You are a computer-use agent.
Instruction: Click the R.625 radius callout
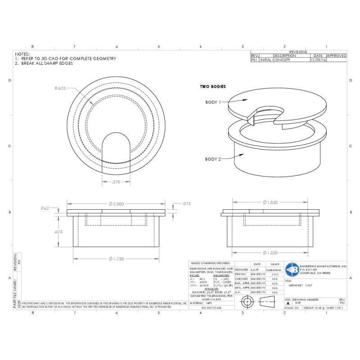tap(60, 88)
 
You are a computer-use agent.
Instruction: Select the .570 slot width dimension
tap(116, 182)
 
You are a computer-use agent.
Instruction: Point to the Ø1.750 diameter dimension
tap(116, 258)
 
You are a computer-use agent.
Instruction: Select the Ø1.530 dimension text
tap(270, 202)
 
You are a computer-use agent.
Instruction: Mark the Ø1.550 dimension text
tap(270, 252)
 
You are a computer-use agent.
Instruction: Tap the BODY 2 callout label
tap(213, 159)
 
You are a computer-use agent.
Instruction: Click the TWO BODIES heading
tap(213, 86)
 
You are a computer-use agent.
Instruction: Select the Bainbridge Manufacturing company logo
tap(292, 269)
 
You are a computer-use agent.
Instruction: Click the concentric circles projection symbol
tap(247, 301)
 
